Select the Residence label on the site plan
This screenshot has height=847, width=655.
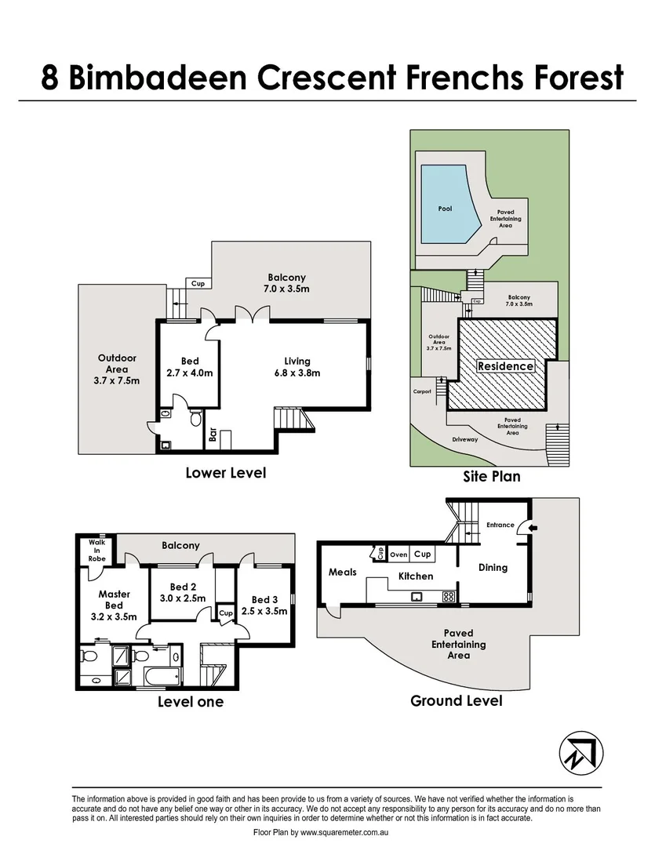506,366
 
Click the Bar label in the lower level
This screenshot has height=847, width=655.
212,434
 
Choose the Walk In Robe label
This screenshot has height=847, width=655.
96,550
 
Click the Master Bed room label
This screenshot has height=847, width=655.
114,600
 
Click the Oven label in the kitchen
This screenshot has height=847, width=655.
398,554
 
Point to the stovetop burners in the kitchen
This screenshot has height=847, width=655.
449,596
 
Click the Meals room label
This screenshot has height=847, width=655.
343,572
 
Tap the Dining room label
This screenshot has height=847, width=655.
493,567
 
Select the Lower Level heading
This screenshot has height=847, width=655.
225,473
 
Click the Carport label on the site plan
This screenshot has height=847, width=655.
422,391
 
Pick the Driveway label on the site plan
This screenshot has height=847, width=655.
464,439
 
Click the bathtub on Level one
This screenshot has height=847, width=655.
162,675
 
